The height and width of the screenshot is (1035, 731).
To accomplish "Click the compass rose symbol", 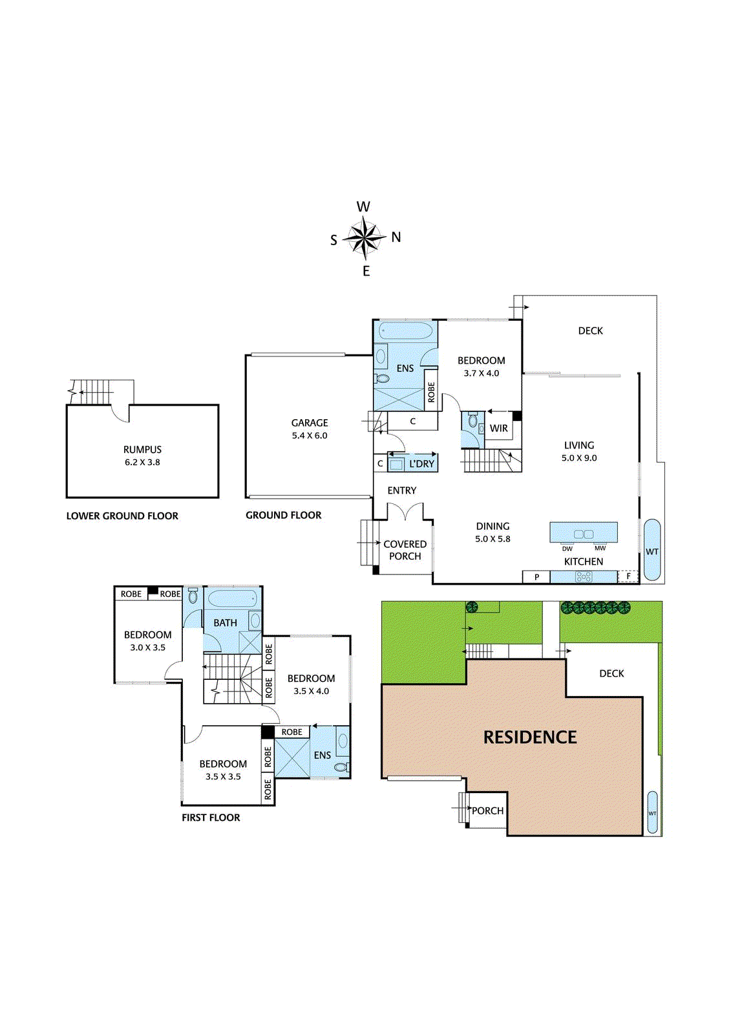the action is (x=365, y=239).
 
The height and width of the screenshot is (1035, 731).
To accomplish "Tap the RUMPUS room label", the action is (x=142, y=449).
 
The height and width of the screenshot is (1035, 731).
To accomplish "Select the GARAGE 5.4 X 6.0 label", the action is (x=310, y=429).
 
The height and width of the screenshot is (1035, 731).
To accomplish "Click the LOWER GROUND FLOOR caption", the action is (x=122, y=516).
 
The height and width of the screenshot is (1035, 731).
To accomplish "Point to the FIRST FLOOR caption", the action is (x=211, y=818).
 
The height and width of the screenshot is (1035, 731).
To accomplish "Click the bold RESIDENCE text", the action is (x=530, y=737).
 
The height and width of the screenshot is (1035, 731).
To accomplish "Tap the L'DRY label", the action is (x=421, y=463).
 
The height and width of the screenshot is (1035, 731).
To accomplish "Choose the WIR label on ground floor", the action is (x=499, y=428).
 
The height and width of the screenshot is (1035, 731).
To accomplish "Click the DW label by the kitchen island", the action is (x=567, y=549).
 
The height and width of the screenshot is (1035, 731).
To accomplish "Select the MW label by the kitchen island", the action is (x=600, y=549).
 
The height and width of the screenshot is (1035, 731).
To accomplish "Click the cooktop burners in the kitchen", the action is (x=584, y=576).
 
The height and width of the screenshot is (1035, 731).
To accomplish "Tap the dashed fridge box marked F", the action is (x=628, y=576).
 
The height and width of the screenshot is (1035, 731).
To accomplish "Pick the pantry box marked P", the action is (x=536, y=576).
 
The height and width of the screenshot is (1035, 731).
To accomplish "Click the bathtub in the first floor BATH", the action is (x=233, y=601).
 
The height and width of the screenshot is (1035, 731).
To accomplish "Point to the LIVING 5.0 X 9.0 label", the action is (x=579, y=452).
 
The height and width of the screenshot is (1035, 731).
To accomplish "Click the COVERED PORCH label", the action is (x=405, y=550).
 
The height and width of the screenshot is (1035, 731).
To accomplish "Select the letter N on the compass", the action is (x=396, y=237).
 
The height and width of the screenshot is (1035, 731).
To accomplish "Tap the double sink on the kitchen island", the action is (x=584, y=534).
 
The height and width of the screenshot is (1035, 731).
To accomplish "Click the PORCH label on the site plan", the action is (x=487, y=811).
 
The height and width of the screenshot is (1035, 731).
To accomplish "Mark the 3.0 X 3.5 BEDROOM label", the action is (x=148, y=641).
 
